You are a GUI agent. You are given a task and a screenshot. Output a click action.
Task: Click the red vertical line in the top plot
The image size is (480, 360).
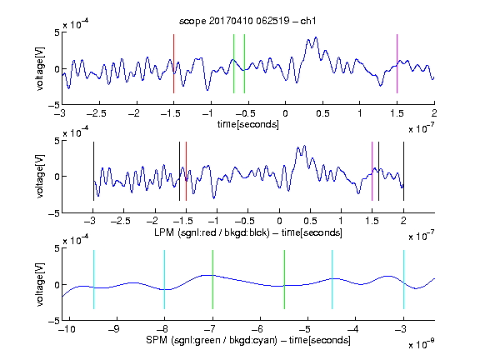click(x=174, y=63)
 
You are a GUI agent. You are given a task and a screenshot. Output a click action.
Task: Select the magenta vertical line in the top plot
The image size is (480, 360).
click(x=397, y=63)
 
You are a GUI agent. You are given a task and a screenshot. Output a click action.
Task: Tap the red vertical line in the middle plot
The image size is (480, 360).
click(x=186, y=172)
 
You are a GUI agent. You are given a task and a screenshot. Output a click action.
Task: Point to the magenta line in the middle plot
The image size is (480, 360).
click(x=372, y=172)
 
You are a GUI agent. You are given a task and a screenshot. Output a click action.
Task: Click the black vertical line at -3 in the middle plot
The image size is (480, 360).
click(x=93, y=172)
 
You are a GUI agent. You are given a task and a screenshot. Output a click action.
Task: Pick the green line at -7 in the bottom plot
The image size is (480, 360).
click(x=212, y=279)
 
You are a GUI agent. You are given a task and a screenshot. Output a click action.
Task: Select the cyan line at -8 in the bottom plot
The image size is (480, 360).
click(x=165, y=279)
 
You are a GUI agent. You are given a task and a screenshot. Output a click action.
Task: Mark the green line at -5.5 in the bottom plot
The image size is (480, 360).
click(x=285, y=279)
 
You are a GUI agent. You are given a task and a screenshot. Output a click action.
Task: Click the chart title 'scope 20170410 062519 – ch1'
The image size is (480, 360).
click(x=247, y=21)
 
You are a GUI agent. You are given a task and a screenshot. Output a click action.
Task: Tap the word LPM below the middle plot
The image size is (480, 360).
click(x=164, y=232)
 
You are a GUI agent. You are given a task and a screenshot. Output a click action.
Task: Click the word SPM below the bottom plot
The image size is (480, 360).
click(x=157, y=340)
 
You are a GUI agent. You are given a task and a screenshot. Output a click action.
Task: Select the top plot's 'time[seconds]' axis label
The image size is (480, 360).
click(x=248, y=124)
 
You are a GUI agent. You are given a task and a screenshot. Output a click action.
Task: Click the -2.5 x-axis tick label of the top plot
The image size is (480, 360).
click(x=96, y=113)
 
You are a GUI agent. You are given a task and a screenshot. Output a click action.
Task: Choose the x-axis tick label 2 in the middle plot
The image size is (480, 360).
click(x=403, y=220)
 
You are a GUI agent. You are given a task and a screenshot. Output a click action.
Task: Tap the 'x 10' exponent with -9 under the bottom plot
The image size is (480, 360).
click(x=421, y=343)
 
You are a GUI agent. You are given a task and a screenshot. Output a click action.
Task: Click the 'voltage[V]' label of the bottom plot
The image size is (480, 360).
click(x=40, y=284)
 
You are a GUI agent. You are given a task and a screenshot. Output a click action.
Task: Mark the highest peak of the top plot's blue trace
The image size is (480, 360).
click(x=316, y=37)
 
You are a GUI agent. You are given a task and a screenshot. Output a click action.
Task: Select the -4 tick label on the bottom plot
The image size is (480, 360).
click(x=353, y=329)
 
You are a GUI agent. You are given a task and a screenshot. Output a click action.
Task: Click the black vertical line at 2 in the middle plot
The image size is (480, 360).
click(x=404, y=172)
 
